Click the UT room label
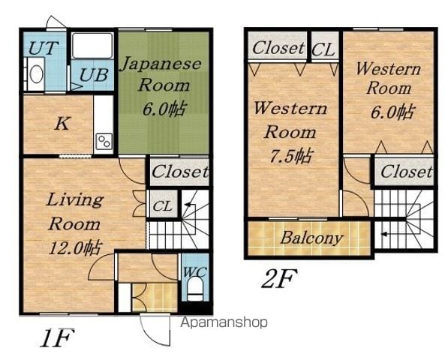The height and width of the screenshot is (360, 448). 44,48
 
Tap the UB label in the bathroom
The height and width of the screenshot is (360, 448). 94,75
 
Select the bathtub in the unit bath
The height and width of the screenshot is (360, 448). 92,46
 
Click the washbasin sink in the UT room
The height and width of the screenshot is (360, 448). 36,74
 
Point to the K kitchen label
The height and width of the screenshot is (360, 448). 62,124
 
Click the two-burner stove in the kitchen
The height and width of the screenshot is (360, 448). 104,142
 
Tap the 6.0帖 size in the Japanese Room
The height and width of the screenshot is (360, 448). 164,109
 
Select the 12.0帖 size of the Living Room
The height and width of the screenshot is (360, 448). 75,248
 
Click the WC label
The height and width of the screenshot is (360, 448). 194,271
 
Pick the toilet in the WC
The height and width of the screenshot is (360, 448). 195,289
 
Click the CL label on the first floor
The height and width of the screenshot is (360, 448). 162,205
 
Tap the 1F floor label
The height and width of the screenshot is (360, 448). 58,338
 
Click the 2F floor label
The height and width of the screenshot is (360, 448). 278,278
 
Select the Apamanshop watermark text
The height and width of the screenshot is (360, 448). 224,322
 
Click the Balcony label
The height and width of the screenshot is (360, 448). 311,238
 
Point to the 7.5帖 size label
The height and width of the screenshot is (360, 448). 291,156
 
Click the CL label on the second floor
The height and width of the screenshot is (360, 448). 323,50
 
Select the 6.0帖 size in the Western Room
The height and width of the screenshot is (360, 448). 392,112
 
